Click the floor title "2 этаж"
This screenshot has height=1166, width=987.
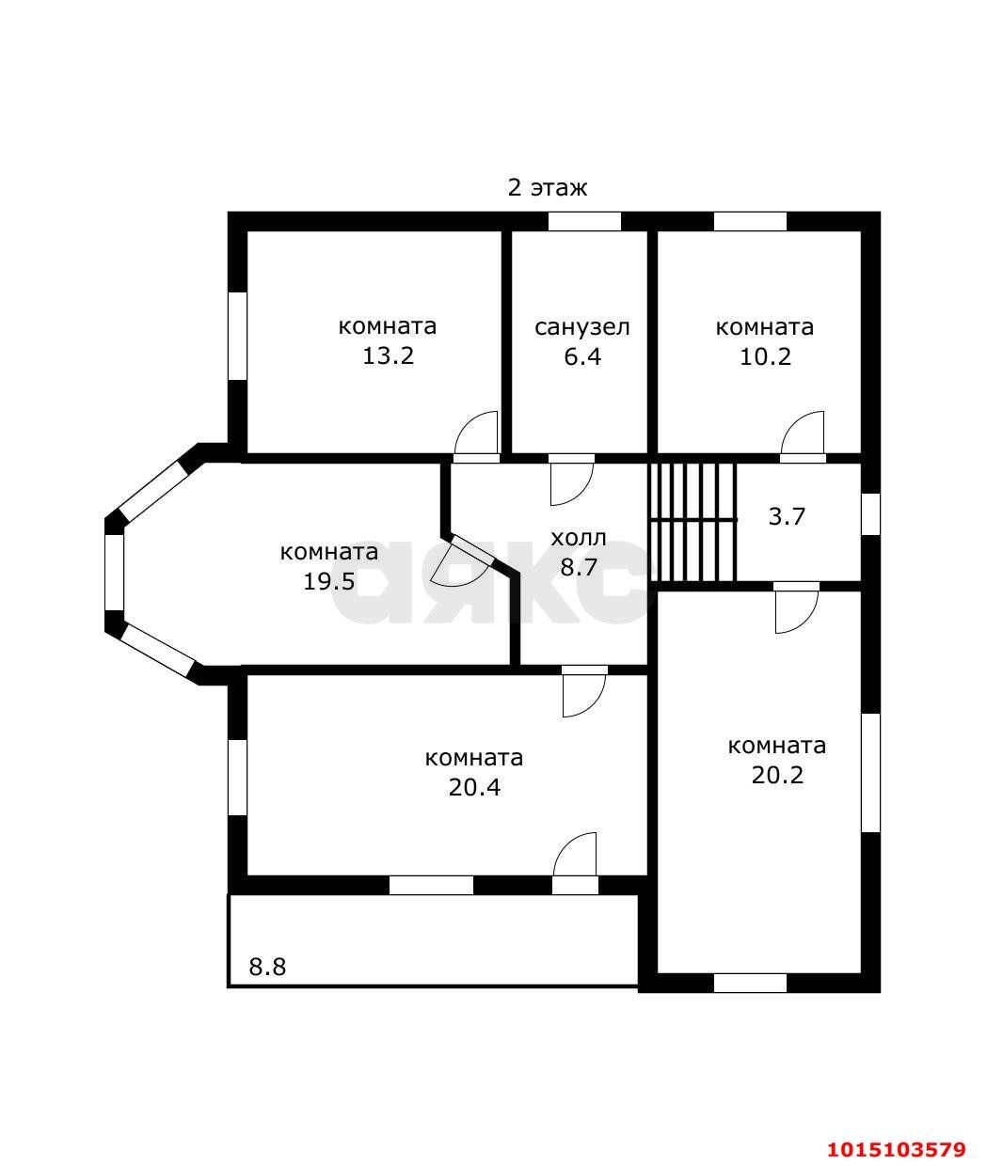(547, 188)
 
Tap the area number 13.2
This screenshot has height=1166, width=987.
(388, 356)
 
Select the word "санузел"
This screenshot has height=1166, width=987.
(581, 327)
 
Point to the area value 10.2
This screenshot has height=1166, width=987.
(765, 356)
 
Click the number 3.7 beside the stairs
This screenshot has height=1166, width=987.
(787, 517)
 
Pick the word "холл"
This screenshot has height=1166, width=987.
(579, 539)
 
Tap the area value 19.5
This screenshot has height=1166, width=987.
(329, 581)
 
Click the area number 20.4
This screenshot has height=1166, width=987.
(474, 787)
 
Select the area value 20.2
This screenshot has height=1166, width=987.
(777, 775)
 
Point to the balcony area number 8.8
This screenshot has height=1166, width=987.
(267, 967)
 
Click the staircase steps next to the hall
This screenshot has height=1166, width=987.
(692, 523)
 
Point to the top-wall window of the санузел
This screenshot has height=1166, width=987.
(584, 222)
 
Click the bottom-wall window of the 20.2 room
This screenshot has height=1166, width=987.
(750, 984)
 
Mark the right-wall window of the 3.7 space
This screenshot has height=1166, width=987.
(870, 514)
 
